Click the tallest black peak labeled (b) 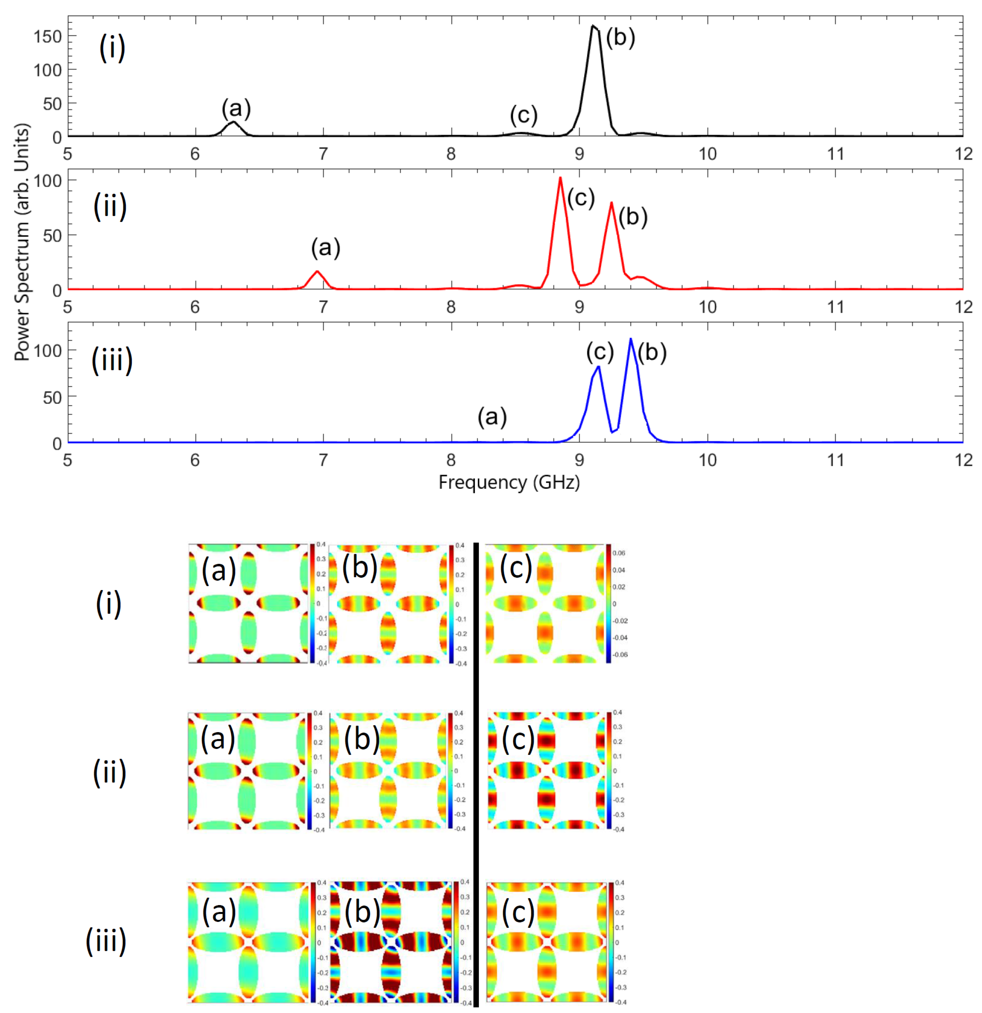[594, 27]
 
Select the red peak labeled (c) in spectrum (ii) [560, 179]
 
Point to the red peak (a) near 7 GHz [317, 272]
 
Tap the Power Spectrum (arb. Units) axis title [22, 242]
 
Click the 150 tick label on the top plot [48, 37]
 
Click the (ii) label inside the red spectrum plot [110, 206]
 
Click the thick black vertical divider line [476, 775]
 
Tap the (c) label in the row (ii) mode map [518, 740]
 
